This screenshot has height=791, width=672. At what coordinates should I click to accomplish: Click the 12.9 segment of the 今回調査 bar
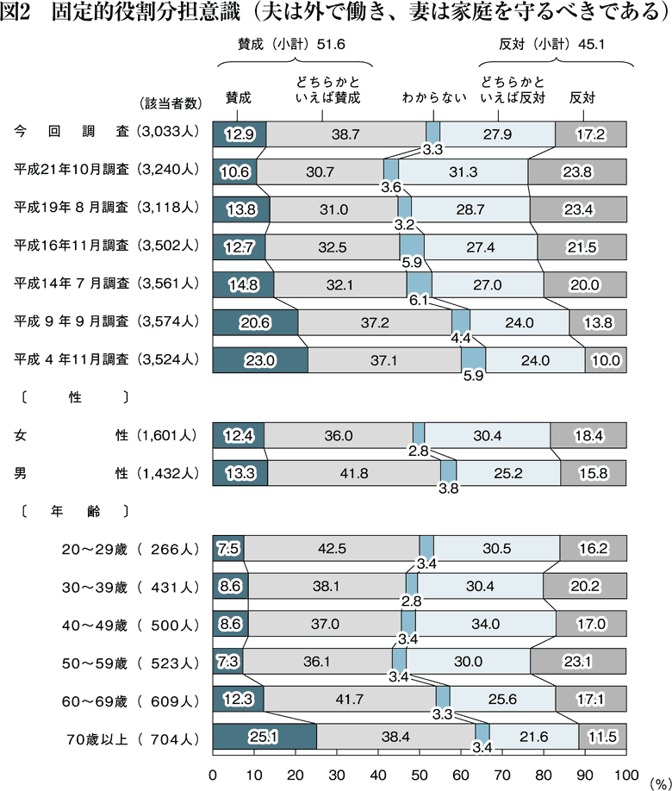[x=239, y=134]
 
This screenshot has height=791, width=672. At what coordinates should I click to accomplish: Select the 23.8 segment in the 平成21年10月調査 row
[x=576, y=171]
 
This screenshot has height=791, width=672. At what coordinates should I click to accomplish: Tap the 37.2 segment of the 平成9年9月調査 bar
[x=375, y=322]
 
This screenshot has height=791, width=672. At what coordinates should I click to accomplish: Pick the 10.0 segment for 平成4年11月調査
[x=606, y=360]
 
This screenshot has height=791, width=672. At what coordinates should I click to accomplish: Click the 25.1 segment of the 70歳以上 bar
[x=264, y=738]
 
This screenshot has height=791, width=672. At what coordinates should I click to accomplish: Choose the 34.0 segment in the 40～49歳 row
[x=485, y=625]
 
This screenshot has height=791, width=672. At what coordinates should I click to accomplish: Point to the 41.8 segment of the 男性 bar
[x=354, y=473]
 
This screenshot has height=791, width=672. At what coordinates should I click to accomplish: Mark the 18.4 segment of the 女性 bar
[x=588, y=435]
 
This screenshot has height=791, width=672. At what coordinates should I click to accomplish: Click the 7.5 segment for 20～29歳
[x=228, y=549]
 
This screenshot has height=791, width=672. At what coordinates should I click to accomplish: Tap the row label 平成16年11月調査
[x=72, y=246]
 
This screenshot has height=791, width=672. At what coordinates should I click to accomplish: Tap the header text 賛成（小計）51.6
[x=296, y=43]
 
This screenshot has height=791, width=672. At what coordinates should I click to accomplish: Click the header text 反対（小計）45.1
[x=556, y=43]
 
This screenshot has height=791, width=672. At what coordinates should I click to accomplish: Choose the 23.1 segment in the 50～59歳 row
[x=578, y=663]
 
